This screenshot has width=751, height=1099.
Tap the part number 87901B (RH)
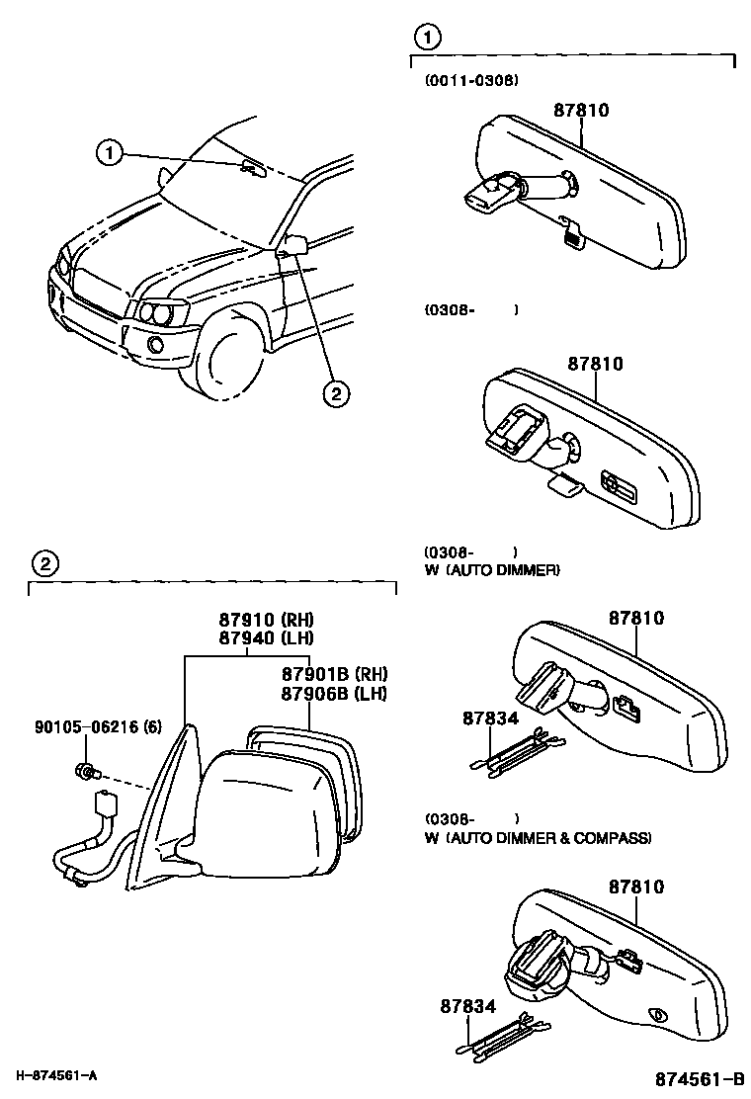point(333,674)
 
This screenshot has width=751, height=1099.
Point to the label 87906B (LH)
point(333,692)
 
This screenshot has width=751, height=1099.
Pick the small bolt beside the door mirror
point(85,770)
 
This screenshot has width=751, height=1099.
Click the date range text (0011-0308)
point(470,79)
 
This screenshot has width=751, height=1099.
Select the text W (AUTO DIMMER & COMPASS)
point(538,838)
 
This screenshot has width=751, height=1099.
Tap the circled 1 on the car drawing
point(110,152)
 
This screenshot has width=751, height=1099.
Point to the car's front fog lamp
point(155,344)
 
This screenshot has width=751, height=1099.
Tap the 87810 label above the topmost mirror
point(580,110)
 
